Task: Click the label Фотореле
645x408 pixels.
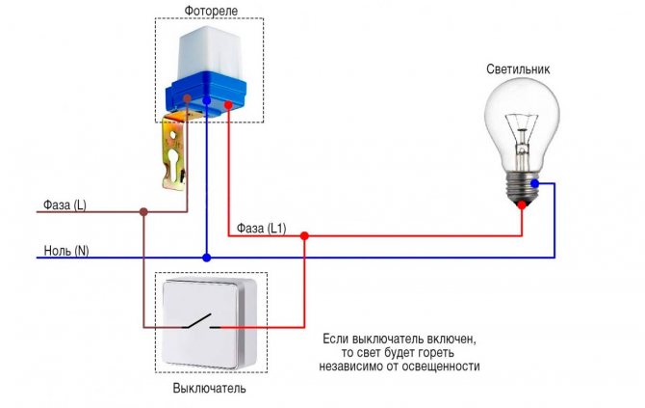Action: click(x=211, y=11)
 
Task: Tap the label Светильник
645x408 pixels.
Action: click(x=518, y=68)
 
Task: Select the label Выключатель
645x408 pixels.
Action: click(x=209, y=388)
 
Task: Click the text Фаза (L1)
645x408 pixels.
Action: click(x=261, y=229)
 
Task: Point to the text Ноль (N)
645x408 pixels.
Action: click(x=66, y=251)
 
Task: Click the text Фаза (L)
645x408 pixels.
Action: click(x=64, y=204)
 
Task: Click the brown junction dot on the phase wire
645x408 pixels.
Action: click(x=143, y=212)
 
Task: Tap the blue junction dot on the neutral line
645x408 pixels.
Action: click(x=207, y=258)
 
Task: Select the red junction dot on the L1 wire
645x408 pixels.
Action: click(x=304, y=236)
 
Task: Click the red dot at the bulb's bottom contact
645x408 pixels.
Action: click(x=522, y=204)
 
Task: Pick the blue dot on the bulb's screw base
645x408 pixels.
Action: click(x=534, y=183)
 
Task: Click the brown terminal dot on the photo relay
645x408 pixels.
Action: click(x=187, y=98)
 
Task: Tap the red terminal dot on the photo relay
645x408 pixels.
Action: click(x=229, y=105)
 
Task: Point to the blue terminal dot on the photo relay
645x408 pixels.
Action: click(x=207, y=100)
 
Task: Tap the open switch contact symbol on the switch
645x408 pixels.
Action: click(x=201, y=322)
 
